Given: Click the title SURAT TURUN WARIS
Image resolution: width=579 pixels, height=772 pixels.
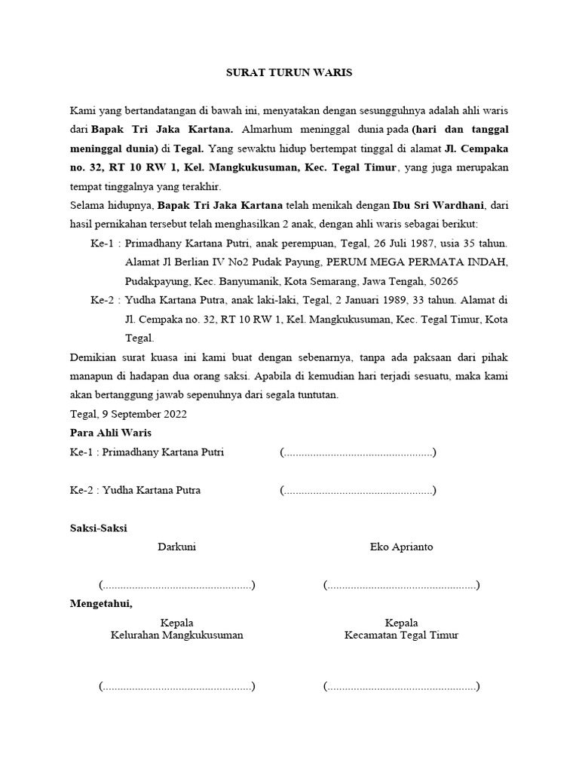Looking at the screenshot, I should pyautogui.click(x=289, y=73).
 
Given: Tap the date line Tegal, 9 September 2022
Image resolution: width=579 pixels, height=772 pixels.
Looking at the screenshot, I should pyautogui.click(x=128, y=414).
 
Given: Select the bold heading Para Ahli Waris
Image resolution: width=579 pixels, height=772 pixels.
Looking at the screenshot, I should pyautogui.click(x=111, y=433).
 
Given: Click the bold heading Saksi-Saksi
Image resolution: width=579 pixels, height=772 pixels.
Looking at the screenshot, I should pyautogui.click(x=99, y=528).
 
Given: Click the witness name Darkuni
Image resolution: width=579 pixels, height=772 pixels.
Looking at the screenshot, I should pyautogui.click(x=176, y=547).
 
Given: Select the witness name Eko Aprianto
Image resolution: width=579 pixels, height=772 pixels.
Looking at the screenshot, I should pyautogui.click(x=401, y=547).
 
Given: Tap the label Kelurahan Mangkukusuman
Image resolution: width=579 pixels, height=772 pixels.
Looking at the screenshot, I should pyautogui.click(x=176, y=635).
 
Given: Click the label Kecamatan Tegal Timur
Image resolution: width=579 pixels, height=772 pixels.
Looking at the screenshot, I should pyautogui.click(x=401, y=635).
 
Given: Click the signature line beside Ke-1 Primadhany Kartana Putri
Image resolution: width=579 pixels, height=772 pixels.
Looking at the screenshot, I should pyautogui.click(x=357, y=453).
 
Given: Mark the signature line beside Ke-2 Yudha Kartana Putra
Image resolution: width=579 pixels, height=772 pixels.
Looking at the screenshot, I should pyautogui.click(x=357, y=491).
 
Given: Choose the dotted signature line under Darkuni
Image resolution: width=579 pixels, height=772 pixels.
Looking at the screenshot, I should pyautogui.click(x=176, y=586).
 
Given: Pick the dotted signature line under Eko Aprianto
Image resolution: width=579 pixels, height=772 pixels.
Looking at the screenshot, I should pyautogui.click(x=401, y=586).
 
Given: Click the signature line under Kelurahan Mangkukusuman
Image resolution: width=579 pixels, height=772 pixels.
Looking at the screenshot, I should pyautogui.click(x=176, y=687).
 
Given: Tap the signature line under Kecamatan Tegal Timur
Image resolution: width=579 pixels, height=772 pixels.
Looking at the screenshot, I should pyautogui.click(x=401, y=687).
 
